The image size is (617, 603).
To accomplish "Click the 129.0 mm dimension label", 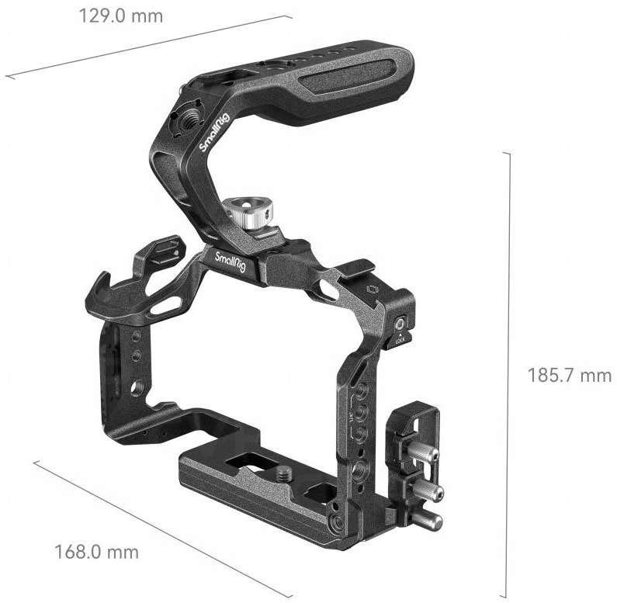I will (120, 16).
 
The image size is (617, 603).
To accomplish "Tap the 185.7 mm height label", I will (570, 376).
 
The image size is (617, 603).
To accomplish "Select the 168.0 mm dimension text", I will (96, 553).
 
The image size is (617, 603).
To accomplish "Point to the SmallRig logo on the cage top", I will (230, 258).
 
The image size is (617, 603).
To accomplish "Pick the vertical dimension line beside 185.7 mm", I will (509, 373).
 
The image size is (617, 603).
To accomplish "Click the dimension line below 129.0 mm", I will (147, 47).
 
